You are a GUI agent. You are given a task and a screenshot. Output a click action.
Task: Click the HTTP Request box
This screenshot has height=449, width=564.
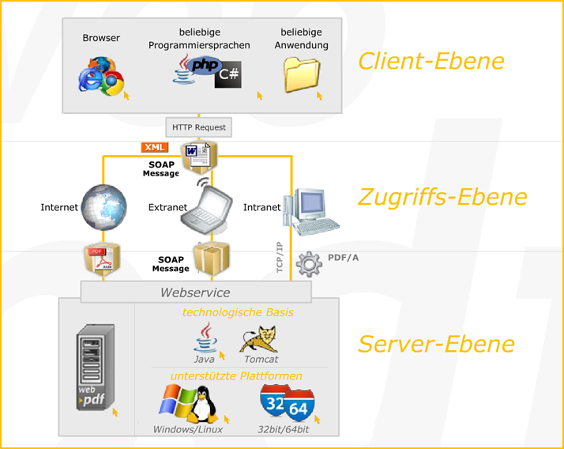pyautogui.click(x=199, y=126)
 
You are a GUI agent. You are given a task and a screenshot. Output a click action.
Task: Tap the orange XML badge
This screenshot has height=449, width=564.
pyautogui.click(x=154, y=148)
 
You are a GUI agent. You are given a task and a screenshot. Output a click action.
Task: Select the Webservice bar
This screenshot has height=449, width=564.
pyautogui.click(x=196, y=292)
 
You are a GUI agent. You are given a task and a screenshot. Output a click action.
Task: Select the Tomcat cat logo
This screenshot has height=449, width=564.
pyautogui.click(x=261, y=341)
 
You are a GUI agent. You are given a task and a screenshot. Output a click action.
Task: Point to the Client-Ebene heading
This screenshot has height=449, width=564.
pyautogui.click(x=431, y=61)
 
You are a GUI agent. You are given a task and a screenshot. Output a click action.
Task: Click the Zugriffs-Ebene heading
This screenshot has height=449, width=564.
pyautogui.click(x=442, y=196)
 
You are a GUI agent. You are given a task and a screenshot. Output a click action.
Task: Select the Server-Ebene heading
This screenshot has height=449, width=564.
pyautogui.click(x=436, y=344)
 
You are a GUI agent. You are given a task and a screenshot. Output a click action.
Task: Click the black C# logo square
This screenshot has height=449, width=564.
pyautogui.click(x=230, y=75)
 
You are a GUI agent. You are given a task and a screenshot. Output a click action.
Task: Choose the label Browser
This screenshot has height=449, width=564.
pyautogui.click(x=101, y=38)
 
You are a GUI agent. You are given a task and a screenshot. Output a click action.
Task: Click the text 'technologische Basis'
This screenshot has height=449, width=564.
pyautogui.click(x=238, y=312)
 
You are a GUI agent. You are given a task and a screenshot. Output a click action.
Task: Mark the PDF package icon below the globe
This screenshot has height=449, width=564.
pyautogui.click(x=102, y=261)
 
